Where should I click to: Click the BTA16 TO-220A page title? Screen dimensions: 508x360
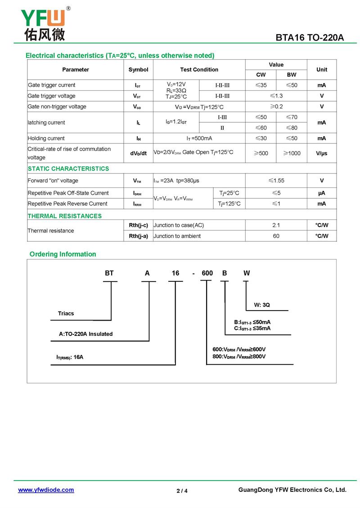pos(310,38)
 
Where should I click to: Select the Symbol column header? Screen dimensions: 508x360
pos(138,70)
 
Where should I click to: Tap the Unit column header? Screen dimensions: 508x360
pos(322,70)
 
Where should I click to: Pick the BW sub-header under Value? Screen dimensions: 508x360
pos(292,75)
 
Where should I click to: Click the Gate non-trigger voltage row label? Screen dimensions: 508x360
pos(57,107)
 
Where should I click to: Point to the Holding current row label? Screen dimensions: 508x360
pos(46,138)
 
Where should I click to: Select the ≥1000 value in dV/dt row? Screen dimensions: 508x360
pos(292,153)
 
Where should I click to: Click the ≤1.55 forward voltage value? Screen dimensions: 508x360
pos(276,181)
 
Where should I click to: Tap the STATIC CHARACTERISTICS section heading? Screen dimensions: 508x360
pos(68,169)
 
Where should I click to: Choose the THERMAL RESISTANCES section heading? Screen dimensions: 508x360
pos(65,216)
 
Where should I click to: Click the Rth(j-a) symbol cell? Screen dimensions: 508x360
pos(138,236)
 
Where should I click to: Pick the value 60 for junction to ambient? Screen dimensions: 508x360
pos(276,236)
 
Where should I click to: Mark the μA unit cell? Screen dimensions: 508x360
pos(322,193)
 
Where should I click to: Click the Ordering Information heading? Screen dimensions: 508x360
pos(63,254)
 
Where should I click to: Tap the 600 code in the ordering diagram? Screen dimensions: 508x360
pos(207,273)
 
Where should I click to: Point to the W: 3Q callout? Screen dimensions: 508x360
pos(262,305)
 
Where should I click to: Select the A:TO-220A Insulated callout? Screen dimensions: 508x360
pos(86,334)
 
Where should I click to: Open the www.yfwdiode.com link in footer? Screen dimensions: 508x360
pos(46,490)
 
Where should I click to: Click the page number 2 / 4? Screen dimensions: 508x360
pos(182,491)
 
